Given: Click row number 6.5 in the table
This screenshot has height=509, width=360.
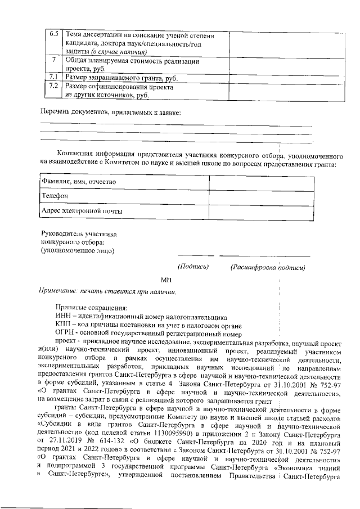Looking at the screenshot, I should [x=54, y=34].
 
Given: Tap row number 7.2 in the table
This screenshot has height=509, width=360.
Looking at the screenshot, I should [x=54, y=87].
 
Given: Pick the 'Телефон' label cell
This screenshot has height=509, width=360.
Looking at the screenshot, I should [x=124, y=196].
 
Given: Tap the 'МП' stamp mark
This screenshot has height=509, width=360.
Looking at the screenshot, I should [x=166, y=280].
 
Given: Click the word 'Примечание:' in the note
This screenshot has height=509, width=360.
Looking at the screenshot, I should [x=57, y=291].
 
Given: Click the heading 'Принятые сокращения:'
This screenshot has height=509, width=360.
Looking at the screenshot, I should [x=91, y=307].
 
